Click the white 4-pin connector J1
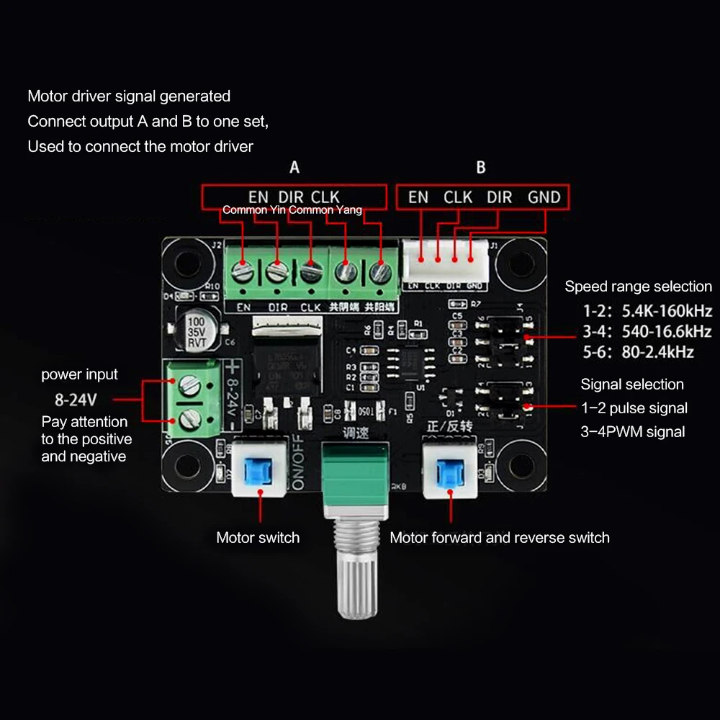(445, 261)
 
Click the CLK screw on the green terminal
(310, 273)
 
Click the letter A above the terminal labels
(294, 168)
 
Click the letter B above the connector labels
(481, 168)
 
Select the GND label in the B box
(544, 197)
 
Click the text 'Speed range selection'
(638, 287)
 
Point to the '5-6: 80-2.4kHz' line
(638, 352)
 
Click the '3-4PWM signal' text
(633, 432)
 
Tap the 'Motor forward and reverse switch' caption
(499, 538)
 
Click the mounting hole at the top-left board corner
(182, 257)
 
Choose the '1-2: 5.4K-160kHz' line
(647, 312)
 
